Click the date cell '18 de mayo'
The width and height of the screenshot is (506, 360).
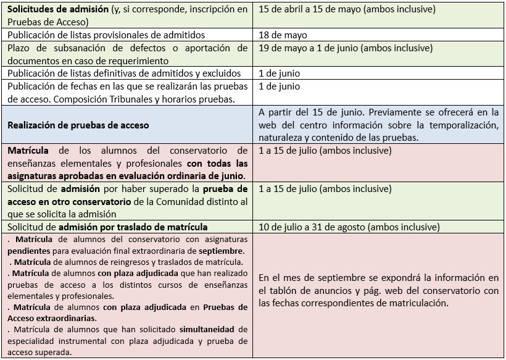click(283, 35)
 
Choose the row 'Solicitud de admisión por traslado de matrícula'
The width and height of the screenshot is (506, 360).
click(107, 227)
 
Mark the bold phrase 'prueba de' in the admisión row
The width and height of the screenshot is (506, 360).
click(225, 188)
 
